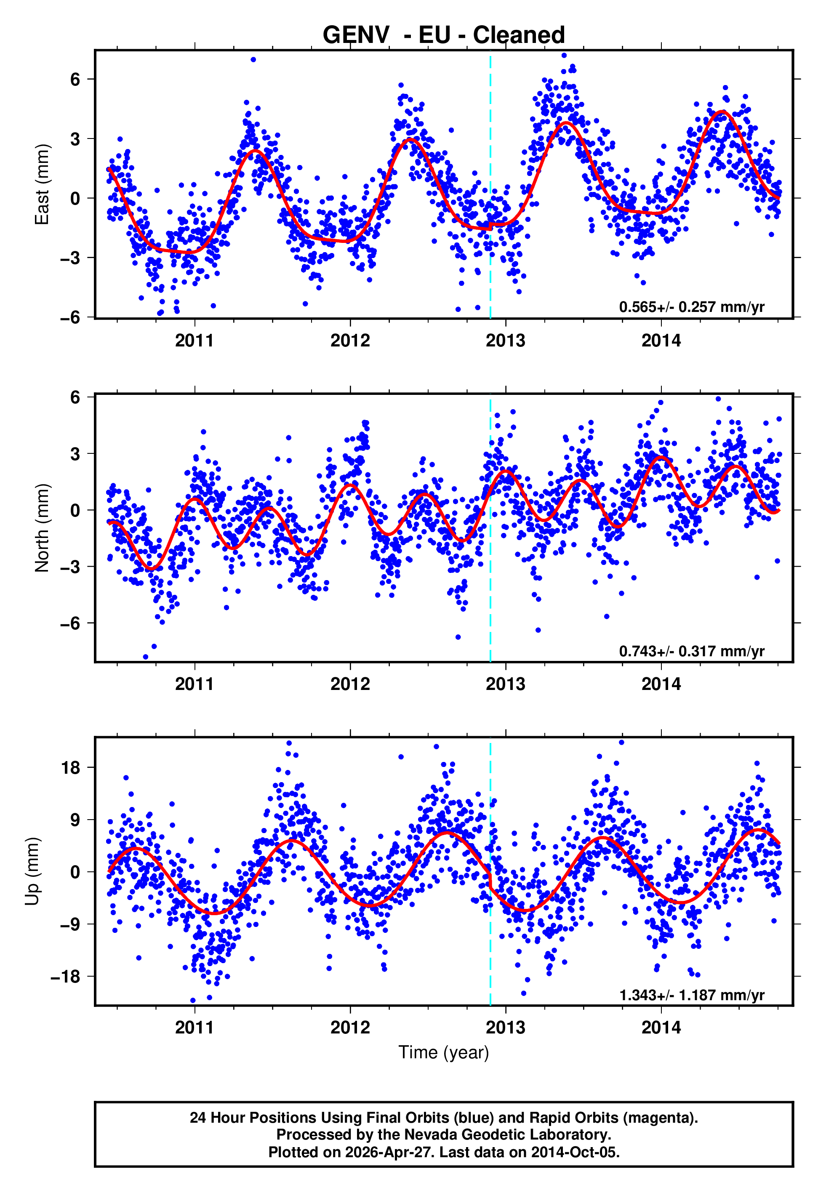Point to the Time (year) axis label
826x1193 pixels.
[444, 1052]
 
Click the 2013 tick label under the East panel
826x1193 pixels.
[505, 341]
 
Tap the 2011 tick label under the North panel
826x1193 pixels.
[194, 684]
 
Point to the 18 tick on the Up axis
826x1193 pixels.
[71, 768]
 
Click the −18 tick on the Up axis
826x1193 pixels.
[66, 977]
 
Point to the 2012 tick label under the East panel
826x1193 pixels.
[350, 341]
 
